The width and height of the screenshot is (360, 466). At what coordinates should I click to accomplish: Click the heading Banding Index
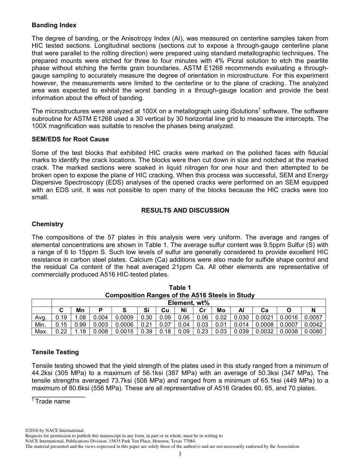click(x=54, y=25)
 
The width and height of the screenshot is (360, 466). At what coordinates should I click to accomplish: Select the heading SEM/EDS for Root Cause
click(x=70, y=139)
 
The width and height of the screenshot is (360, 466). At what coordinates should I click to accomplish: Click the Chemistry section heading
click(x=47, y=224)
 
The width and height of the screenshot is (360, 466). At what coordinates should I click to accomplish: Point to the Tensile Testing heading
click(x=55, y=352)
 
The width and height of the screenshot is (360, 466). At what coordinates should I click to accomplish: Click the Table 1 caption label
click(x=180, y=288)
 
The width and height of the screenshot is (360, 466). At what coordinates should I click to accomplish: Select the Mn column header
click(x=80, y=310)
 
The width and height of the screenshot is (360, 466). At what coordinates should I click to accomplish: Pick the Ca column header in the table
click(x=265, y=310)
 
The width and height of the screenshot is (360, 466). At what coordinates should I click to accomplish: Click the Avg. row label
click(x=41, y=317)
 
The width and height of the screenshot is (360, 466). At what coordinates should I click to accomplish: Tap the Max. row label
click(x=41, y=331)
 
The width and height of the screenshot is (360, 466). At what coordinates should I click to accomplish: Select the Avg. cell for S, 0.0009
click(x=124, y=317)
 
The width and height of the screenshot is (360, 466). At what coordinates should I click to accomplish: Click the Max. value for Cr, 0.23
click(x=202, y=331)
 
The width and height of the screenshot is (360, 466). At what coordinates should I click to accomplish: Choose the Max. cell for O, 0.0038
click(x=289, y=331)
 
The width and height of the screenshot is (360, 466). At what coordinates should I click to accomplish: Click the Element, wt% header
click(x=188, y=303)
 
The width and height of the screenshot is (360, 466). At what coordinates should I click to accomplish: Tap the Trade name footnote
click(x=52, y=401)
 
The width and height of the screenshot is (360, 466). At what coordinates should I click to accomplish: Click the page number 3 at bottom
click(x=180, y=454)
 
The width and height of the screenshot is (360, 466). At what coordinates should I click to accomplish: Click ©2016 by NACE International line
click(x=55, y=430)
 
